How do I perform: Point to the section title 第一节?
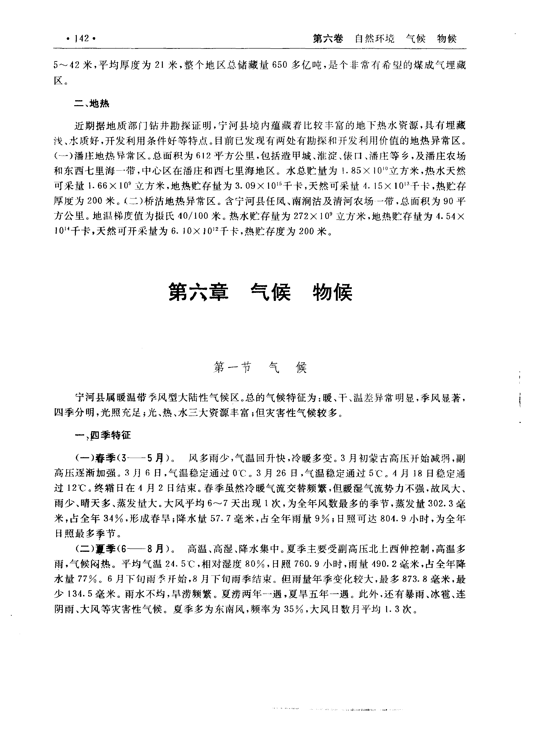point(232,368)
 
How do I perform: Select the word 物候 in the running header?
point(447,39)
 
